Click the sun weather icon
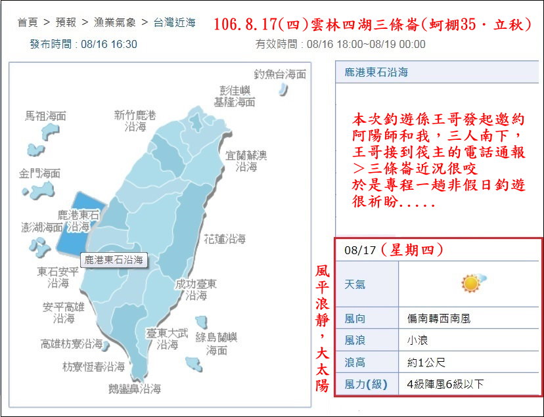tap(472, 284)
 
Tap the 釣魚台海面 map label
tap(281, 74)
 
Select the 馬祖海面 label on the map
tap(46, 116)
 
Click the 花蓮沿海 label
tap(225, 239)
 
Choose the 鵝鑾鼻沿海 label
tap(135, 389)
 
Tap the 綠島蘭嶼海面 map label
tap(217, 343)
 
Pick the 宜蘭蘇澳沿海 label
tap(246, 161)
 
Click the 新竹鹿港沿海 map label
tap(135, 121)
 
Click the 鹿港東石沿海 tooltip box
tap(114, 259)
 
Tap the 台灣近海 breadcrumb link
tap(175, 23)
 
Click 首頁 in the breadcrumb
tap(28, 23)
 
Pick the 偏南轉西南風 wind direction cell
tap(439, 319)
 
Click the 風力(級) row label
tap(365, 384)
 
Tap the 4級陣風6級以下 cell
tap(445, 384)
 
